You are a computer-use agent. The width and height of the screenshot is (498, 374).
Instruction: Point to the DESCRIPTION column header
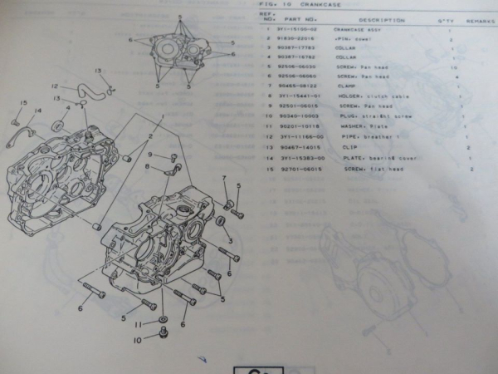tap(381, 18)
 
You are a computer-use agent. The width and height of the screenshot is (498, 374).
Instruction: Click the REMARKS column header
tap(481, 18)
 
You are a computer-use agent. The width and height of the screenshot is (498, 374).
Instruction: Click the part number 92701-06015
tap(296, 168)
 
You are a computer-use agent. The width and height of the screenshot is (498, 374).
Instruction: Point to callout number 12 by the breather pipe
tap(54, 86)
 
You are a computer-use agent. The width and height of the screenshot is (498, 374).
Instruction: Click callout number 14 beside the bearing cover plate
tap(37, 111)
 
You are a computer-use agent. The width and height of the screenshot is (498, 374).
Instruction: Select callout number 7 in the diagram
tap(223, 178)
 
